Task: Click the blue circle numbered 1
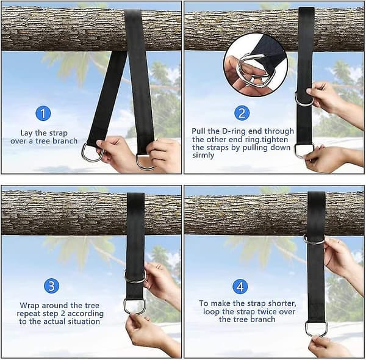[x=43, y=113]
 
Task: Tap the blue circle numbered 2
[x=242, y=113]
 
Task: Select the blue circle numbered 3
[x=52, y=286]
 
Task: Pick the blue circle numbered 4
[x=240, y=287]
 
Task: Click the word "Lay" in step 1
[x=27, y=133]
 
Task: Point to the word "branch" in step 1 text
[x=65, y=141]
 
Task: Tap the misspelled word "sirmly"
[x=203, y=156]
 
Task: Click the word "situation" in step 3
[x=84, y=322]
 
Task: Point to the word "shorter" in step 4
[x=282, y=303]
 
